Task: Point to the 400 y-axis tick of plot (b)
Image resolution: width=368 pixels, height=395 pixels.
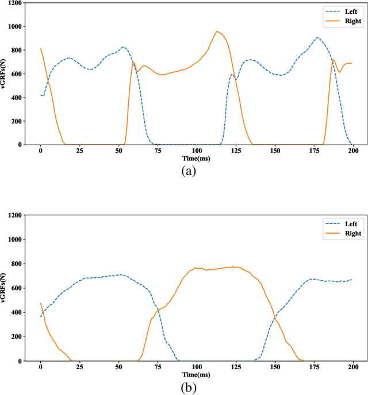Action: click(x=15, y=312)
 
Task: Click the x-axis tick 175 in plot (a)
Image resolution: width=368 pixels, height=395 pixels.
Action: click(x=322, y=150)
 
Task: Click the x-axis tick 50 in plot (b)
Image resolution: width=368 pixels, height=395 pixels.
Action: click(x=118, y=367)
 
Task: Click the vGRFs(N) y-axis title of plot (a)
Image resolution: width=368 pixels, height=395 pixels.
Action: click(x=4, y=73)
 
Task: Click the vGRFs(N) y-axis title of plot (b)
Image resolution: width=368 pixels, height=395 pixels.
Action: click(x=4, y=288)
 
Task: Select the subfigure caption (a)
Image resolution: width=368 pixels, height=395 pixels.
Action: click(x=189, y=171)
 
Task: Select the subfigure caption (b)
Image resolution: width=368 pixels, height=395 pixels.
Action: click(x=189, y=388)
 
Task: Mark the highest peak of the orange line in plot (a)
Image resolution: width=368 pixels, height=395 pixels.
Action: click(x=217, y=31)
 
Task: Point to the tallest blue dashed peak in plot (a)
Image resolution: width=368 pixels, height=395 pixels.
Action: click(x=317, y=38)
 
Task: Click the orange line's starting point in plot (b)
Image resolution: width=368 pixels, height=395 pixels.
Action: click(x=40, y=303)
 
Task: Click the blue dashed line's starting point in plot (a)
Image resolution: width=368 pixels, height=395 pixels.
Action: click(x=40, y=95)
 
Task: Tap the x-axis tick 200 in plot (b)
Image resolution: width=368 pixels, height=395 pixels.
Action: click(x=353, y=367)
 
